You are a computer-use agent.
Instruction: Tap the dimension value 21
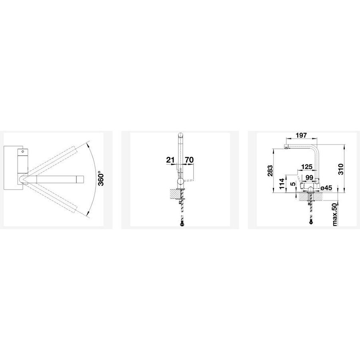tap(170, 160)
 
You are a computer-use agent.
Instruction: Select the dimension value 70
tap(189, 160)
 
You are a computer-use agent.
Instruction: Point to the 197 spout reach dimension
tap(301, 136)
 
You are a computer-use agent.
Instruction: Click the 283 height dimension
tap(270, 171)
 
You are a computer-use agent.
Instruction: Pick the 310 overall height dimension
tap(341, 169)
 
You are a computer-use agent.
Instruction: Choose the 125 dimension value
tap(307, 166)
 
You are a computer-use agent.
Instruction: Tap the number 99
tap(310, 178)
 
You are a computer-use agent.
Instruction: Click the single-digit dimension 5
tap(292, 184)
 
